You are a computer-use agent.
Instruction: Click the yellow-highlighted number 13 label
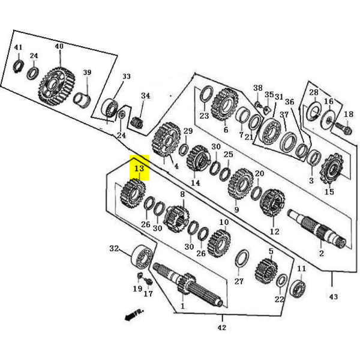(x=139, y=169)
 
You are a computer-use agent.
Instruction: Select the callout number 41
(x=18, y=47)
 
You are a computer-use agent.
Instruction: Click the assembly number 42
(x=222, y=328)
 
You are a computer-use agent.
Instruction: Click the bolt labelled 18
(x=344, y=128)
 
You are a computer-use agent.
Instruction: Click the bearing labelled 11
(x=298, y=288)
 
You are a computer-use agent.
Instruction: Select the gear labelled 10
(x=219, y=242)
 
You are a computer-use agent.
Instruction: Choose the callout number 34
(x=146, y=96)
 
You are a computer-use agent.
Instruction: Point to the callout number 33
(x=126, y=77)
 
